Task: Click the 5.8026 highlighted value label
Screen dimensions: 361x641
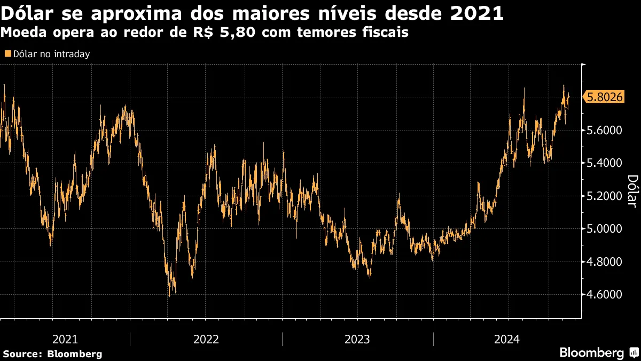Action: click(605, 97)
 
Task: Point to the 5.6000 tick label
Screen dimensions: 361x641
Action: click(605, 130)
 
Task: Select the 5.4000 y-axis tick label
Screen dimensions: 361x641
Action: click(605, 163)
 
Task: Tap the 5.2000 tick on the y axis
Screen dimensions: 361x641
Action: click(605, 196)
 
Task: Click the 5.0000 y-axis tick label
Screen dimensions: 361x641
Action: click(605, 229)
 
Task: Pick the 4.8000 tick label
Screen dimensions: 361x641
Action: click(605, 262)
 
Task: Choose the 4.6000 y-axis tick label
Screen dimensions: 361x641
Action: click(605, 295)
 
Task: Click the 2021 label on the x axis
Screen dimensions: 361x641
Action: click(65, 339)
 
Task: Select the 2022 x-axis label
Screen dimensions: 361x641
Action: click(206, 339)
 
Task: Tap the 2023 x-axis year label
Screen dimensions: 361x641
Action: click(357, 339)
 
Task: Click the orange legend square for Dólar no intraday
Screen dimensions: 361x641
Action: click(7, 54)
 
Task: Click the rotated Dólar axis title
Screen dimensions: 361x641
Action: click(631, 191)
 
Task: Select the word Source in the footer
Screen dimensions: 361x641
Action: click(22, 354)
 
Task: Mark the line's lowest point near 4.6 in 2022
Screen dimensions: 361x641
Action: click(169, 295)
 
